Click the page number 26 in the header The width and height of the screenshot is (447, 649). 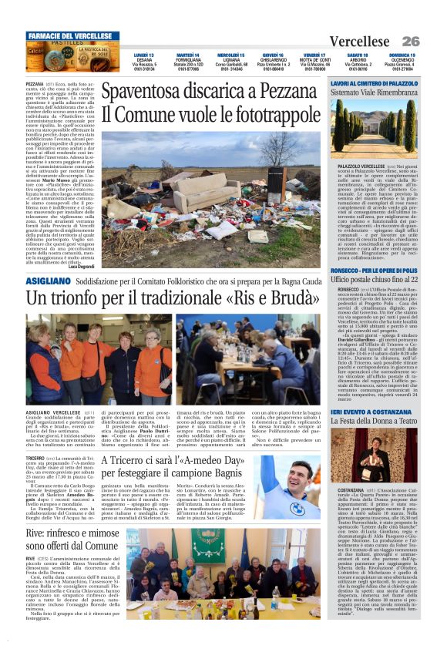pyautogui.click(x=410, y=41)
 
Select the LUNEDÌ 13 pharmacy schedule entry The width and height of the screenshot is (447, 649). pyautogui.click(x=143, y=62)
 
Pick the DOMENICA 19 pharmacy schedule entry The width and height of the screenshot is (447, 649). pyautogui.click(x=402, y=62)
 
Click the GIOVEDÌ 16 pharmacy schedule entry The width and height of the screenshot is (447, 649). pyautogui.click(x=273, y=62)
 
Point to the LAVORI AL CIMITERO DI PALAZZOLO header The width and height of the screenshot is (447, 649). pyautogui.click(x=373, y=82)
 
